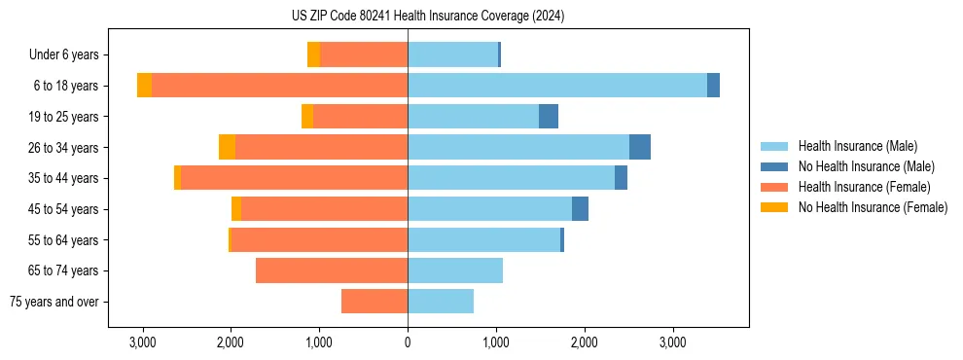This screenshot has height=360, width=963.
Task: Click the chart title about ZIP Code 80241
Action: pos(427,17)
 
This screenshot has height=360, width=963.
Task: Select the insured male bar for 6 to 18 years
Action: pos(556,86)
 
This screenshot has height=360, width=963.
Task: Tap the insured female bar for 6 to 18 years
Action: pos(279,86)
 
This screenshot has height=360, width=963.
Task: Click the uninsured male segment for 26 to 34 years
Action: pos(639,147)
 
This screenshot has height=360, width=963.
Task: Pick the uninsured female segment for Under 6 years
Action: pos(313,54)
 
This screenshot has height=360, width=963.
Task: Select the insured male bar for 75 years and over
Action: pos(441,302)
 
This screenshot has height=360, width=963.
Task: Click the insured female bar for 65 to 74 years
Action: pos(332,270)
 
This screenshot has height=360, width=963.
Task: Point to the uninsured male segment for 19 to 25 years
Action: pos(549,117)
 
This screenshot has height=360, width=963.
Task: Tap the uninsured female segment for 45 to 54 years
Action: pos(236,209)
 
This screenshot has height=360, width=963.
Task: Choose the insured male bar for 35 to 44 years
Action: pos(511,178)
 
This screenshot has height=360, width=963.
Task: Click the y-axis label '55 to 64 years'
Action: pos(64,240)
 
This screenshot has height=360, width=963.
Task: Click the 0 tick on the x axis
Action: pos(408,342)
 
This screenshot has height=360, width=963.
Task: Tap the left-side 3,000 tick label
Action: pos(142,342)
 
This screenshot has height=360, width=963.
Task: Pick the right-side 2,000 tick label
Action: pos(584,342)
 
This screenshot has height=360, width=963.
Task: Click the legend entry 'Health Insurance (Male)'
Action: pos(857,146)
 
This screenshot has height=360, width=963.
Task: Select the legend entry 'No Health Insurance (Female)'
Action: pos(873,207)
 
